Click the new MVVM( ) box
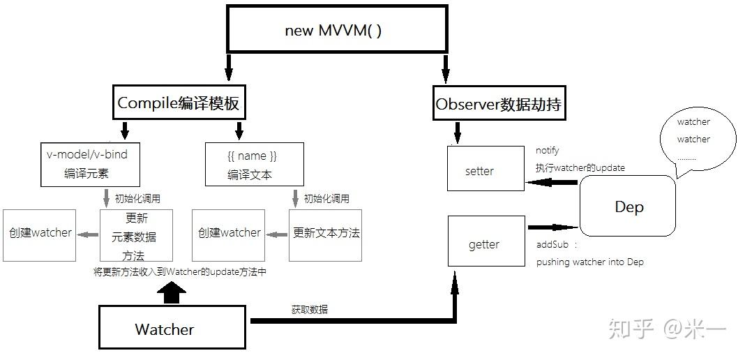(x=336, y=29)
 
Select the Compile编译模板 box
(x=179, y=104)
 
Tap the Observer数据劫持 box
(x=498, y=105)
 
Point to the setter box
(x=486, y=169)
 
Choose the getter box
(x=486, y=241)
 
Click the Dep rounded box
(x=628, y=206)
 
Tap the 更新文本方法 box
(x=326, y=234)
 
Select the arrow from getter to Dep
(x=552, y=227)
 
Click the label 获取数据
(x=310, y=309)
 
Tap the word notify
(x=548, y=150)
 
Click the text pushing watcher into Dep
(x=590, y=262)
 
